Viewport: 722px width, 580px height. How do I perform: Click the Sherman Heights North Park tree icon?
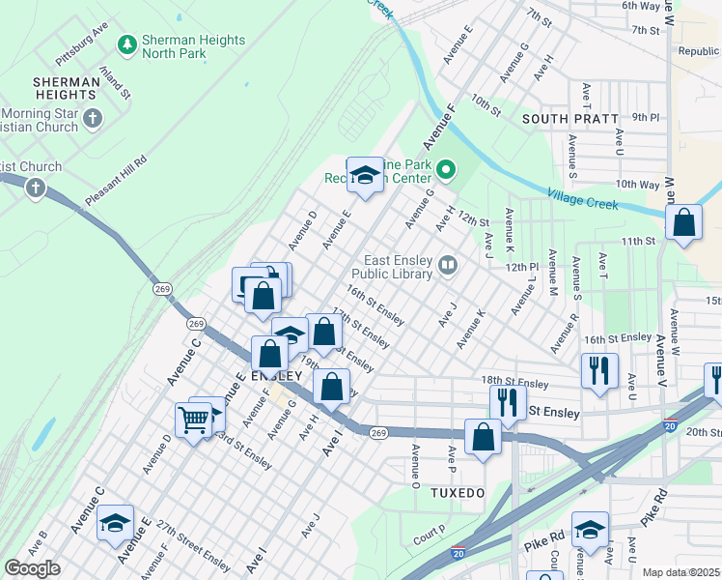pyautogui.click(x=125, y=44)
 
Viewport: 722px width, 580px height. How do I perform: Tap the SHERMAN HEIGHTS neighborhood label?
pyautogui.click(x=66, y=90)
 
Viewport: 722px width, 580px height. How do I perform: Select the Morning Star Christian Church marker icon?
pyautogui.click(x=93, y=119)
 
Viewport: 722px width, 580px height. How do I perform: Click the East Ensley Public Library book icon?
pyautogui.click(x=448, y=265)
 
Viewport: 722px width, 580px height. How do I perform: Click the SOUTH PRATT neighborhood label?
pyautogui.click(x=569, y=119)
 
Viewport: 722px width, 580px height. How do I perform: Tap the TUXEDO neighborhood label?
pyautogui.click(x=457, y=493)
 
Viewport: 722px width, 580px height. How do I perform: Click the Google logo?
pyautogui.click(x=32, y=568)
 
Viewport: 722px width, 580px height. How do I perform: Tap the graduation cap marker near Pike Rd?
pyautogui.click(x=590, y=530)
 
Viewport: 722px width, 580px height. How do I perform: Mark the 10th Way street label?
pyautogui.click(x=636, y=184)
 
